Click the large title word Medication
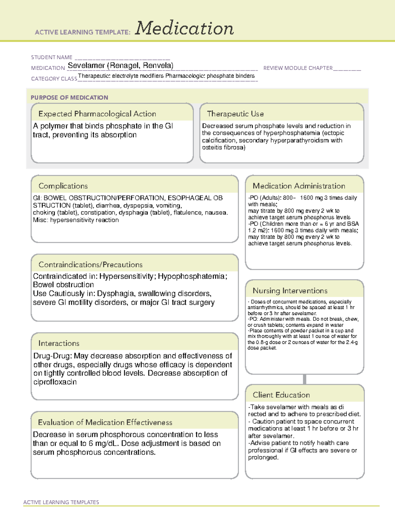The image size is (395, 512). [184, 28]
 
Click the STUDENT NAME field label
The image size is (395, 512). [52, 57]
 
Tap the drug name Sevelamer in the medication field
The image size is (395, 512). [86, 66]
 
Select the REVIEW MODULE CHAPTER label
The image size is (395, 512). [298, 68]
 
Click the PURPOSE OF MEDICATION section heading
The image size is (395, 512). [69, 98]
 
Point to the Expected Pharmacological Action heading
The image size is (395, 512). [97, 114]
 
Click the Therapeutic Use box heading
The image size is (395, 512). [235, 114]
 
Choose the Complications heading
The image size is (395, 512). [63, 186]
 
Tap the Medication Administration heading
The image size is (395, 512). [299, 186]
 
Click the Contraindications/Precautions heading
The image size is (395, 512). [91, 264]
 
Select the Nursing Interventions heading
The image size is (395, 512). [290, 291]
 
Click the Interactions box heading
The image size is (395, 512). [59, 343]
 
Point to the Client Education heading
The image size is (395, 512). [281, 395]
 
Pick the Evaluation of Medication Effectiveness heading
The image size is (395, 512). [105, 422]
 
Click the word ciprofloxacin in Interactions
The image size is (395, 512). [55, 382]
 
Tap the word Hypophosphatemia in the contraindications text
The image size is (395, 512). [191, 276]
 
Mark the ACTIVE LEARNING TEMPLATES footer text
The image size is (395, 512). [61, 502]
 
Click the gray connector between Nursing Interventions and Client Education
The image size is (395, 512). [304, 379]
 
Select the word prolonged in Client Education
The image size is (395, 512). [263, 458]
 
